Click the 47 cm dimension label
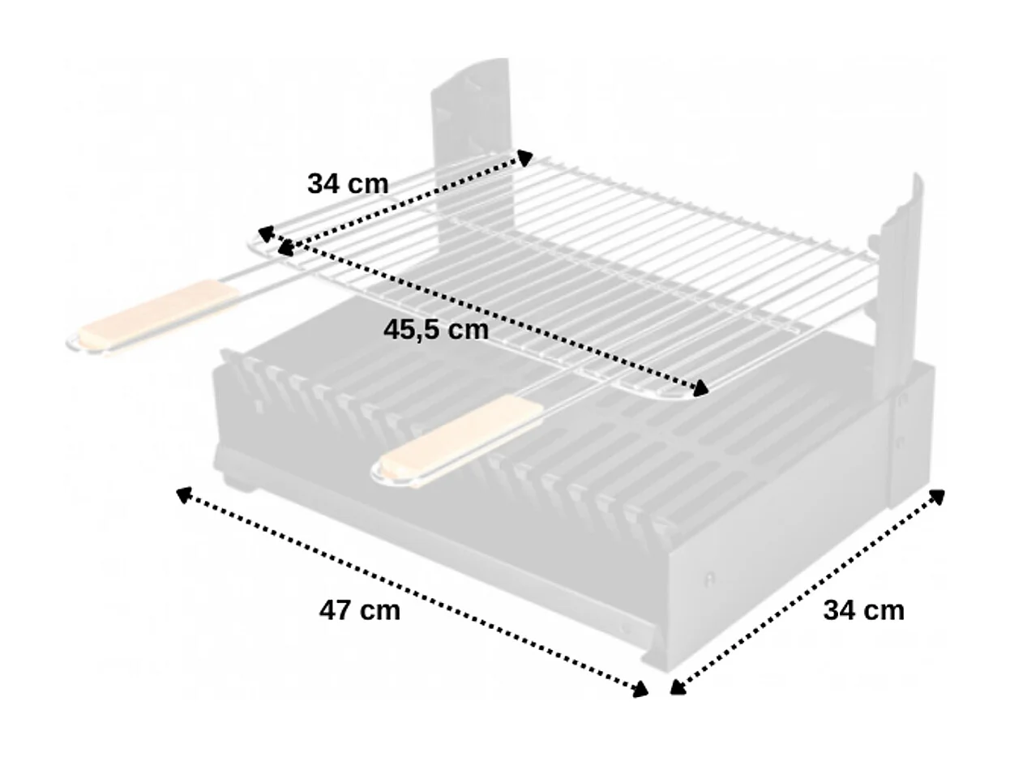click(359, 610)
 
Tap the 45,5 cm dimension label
click(435, 330)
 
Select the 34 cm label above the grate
click(348, 184)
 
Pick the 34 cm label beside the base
click(863, 609)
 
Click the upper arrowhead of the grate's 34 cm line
click(524, 157)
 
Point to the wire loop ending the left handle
click(75, 342)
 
